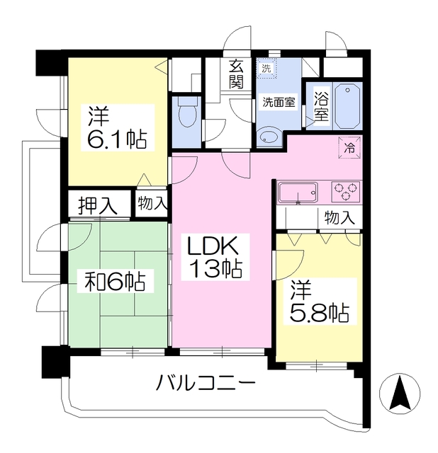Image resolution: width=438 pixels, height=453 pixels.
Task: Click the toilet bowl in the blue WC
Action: (x=188, y=116)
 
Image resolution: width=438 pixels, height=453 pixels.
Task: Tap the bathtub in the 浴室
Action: (x=347, y=105)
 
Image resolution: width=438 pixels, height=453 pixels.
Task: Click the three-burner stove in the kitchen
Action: (x=345, y=191)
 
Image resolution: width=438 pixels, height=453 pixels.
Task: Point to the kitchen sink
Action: (x=298, y=192)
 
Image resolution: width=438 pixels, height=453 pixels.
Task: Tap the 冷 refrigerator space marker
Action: (x=349, y=148)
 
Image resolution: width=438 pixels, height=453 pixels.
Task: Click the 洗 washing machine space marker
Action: (x=266, y=69)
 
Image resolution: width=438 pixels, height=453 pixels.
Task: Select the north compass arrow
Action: (x=400, y=393)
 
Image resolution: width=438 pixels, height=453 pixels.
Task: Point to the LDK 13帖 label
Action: (x=215, y=256)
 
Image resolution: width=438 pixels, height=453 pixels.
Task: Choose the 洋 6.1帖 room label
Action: (x=118, y=127)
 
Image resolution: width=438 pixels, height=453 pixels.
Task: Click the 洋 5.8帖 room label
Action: (x=320, y=302)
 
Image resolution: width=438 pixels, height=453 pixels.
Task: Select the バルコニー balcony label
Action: (x=206, y=382)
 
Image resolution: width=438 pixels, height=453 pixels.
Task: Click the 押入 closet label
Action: (x=98, y=206)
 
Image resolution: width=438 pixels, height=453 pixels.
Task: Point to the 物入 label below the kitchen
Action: (x=339, y=217)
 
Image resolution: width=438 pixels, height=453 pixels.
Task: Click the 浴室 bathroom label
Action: (x=321, y=106)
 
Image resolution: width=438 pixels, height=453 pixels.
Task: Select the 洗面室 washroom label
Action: (x=279, y=102)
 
